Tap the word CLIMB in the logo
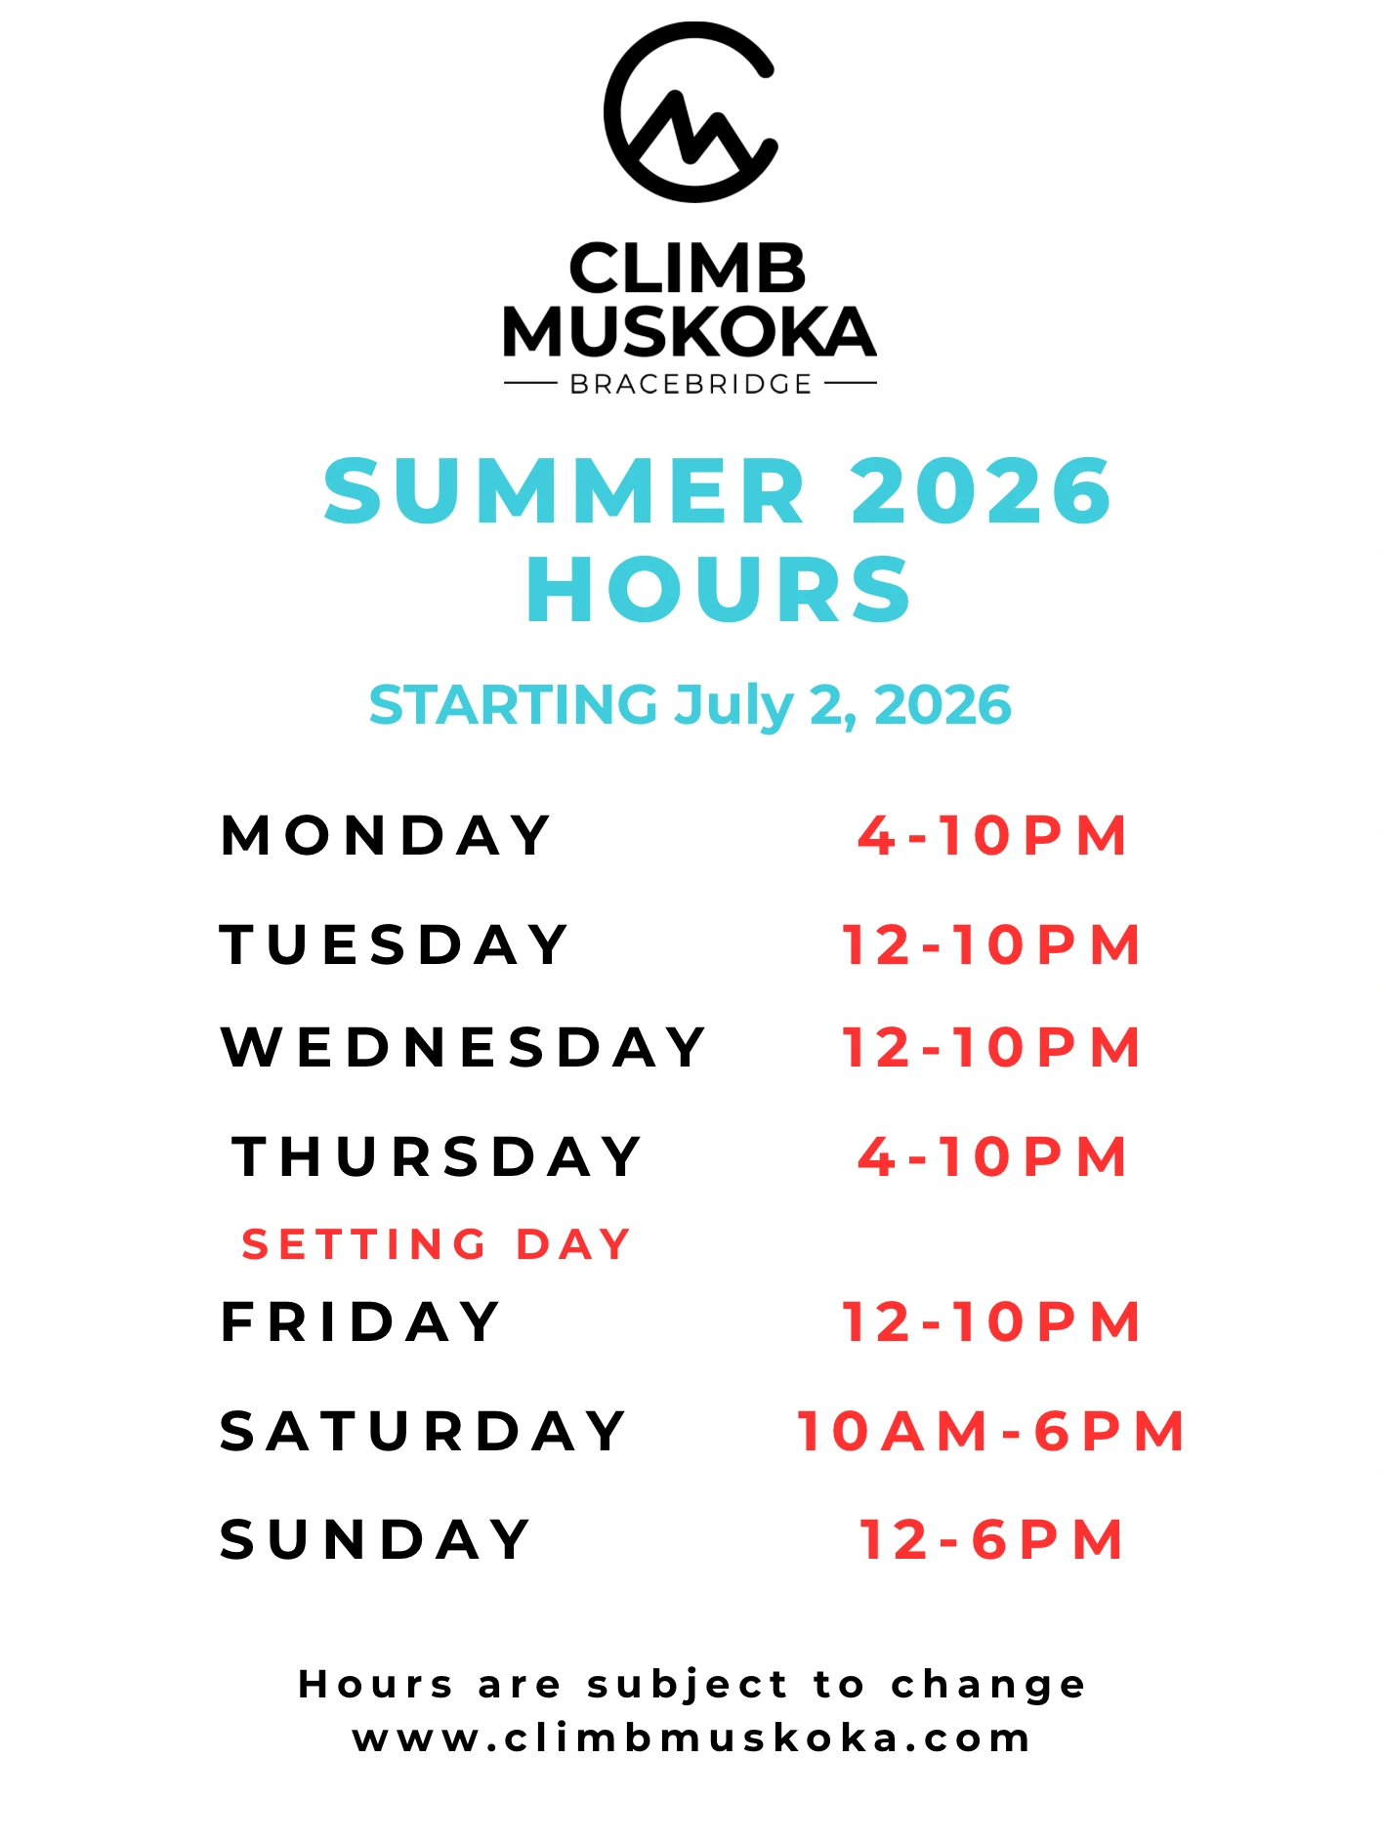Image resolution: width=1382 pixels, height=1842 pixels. pos(688,269)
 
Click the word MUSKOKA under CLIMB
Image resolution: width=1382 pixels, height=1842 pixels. pos(690,332)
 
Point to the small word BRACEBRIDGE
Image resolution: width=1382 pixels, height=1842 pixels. pos(691,385)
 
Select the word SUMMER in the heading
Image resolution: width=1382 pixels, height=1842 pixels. pos(565,490)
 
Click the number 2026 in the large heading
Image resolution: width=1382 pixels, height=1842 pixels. pos(982,490)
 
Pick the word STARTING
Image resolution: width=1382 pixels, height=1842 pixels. pos(514,705)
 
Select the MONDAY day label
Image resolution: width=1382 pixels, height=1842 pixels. pos(386,836)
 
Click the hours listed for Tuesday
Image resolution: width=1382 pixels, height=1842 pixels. pos(991,945)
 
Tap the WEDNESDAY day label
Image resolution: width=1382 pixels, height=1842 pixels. pos(464,1048)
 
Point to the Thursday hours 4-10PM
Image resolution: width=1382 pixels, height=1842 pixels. pos(992,1157)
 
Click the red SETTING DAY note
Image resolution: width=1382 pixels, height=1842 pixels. pos(437,1245)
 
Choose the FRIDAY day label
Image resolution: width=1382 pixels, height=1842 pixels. pos(360,1322)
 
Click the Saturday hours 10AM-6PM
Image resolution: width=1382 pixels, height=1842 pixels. pos(991,1432)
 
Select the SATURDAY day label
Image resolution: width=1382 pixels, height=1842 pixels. pos(423,1432)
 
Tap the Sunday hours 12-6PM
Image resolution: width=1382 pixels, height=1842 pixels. pos(992,1540)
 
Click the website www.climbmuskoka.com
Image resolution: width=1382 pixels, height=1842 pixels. pos(691,1739)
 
